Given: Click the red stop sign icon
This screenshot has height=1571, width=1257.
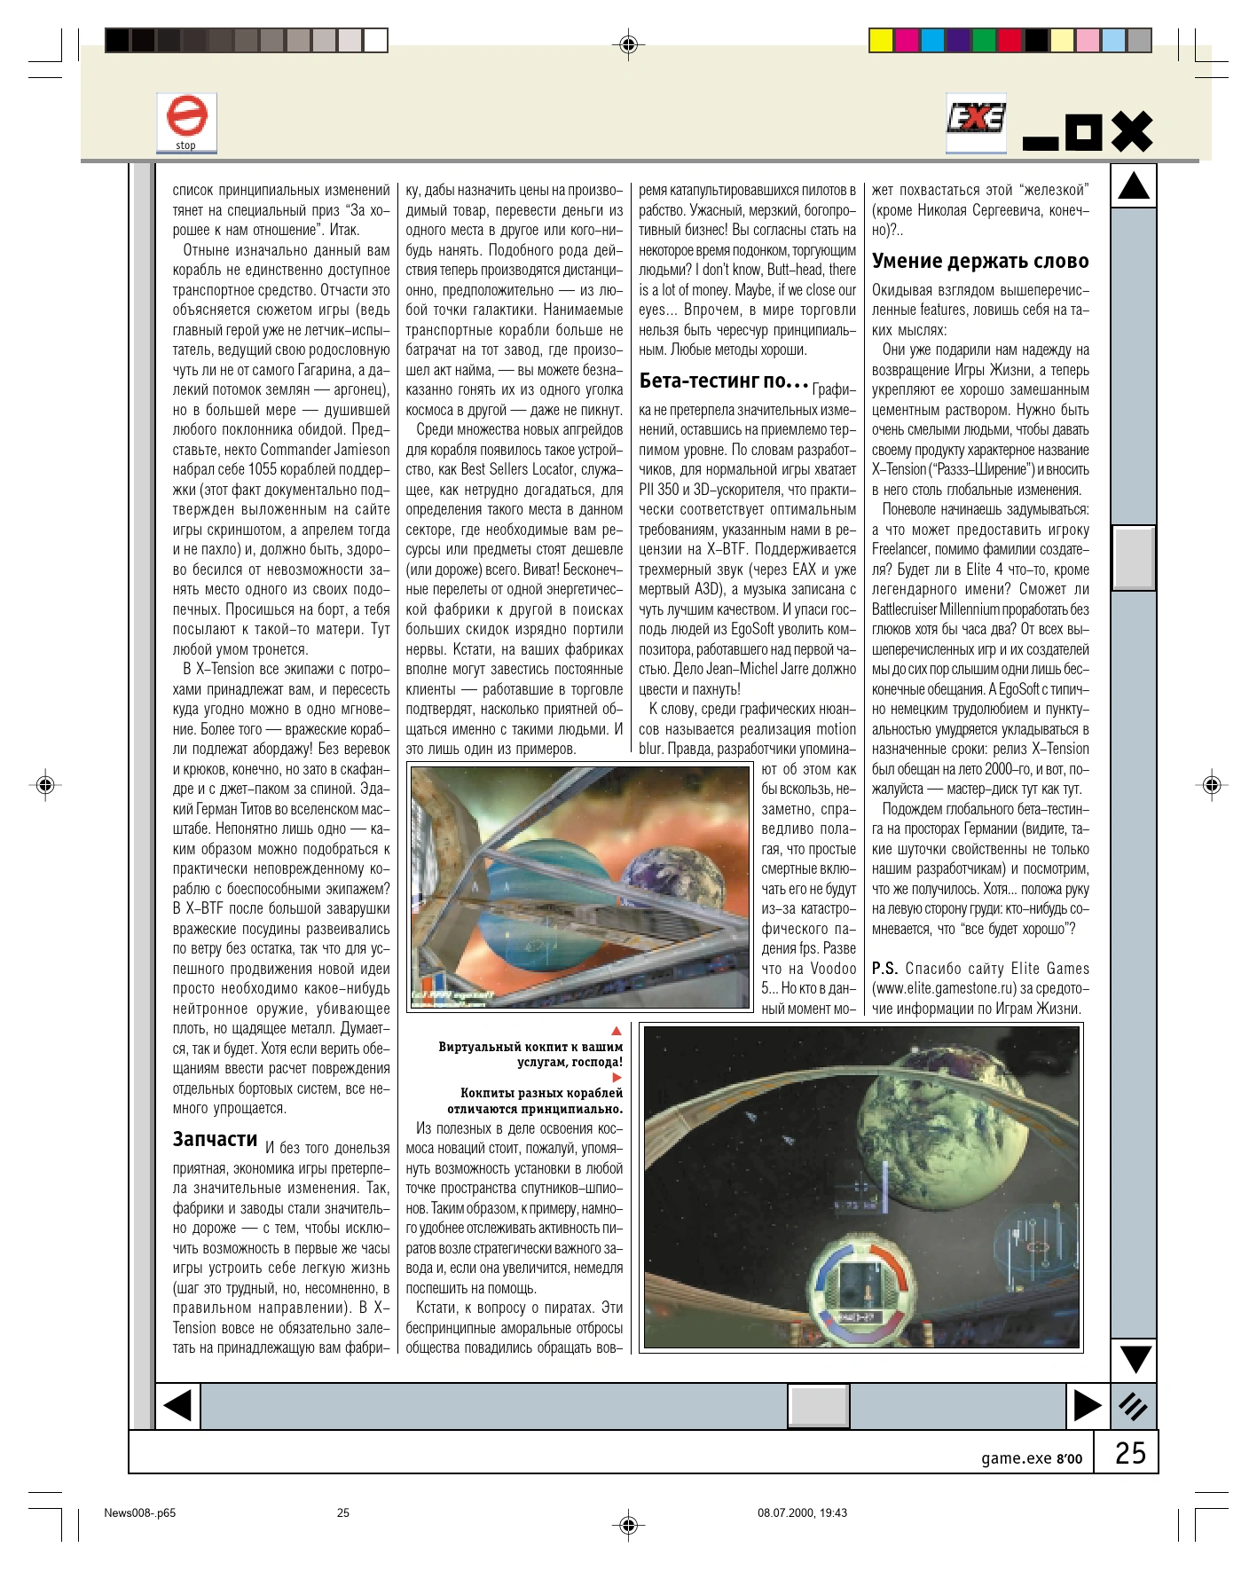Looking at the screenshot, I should pos(186,117).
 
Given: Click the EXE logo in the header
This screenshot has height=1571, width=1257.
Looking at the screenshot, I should pos(976,119).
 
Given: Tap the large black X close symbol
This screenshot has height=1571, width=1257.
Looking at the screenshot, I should pos(1132,132).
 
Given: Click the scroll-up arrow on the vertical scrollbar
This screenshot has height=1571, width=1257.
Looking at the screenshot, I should pos(1134,185).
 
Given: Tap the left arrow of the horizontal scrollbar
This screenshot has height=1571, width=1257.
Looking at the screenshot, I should pos(178,1406).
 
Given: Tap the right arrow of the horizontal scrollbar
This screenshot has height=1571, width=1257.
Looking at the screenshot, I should pos(1087,1406).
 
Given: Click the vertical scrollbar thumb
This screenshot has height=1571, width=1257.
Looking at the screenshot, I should pos(1134,557).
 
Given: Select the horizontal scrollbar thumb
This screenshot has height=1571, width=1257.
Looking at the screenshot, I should pos(819,1406).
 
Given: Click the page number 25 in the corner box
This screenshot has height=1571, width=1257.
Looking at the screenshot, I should pos(1130,1453).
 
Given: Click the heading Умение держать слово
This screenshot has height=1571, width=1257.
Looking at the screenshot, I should pos(980,261).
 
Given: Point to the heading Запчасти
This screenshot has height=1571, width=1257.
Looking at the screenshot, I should pos(216,1139).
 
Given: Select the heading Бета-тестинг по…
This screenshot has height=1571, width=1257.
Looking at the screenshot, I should pos(724,381).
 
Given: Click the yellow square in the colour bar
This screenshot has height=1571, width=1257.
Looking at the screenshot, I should pos(880,41).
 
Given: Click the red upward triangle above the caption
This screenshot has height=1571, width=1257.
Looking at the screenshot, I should pos(617,1031).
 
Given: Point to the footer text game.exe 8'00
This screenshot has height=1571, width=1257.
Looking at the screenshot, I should pos(1032,1458).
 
